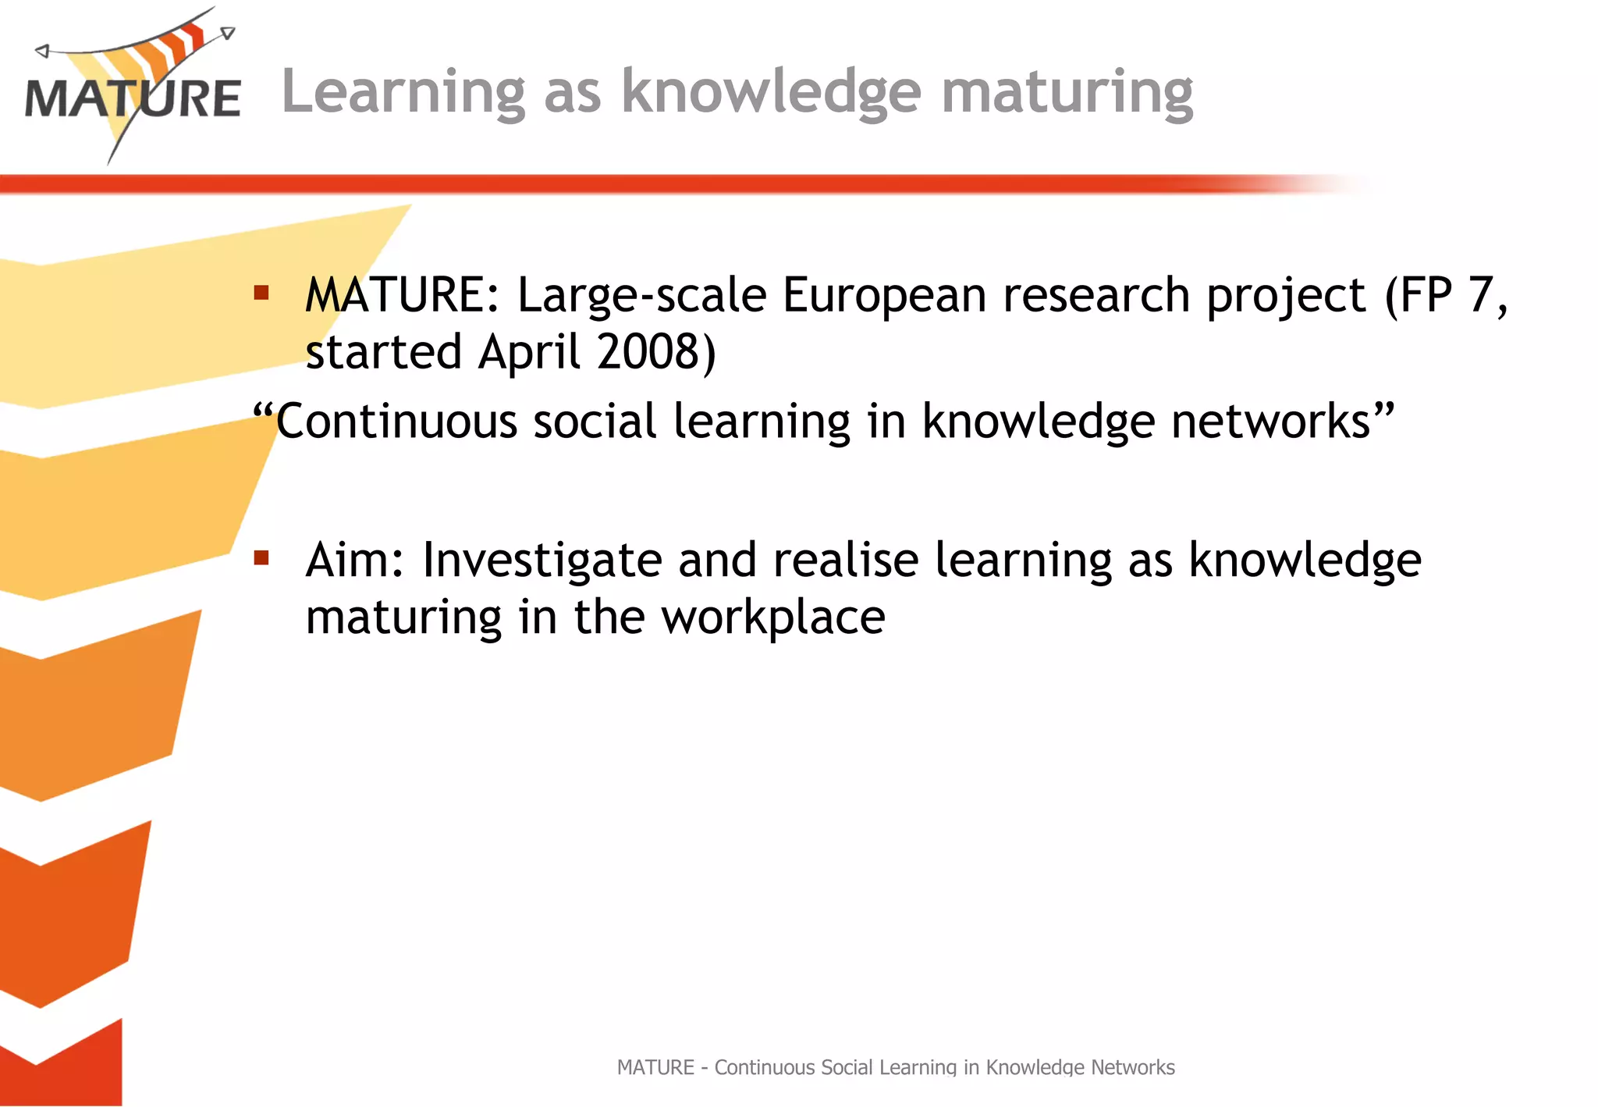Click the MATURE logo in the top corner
click(x=133, y=86)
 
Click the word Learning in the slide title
click(x=403, y=92)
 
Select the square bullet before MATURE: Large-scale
click(x=261, y=293)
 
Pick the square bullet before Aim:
click(x=261, y=557)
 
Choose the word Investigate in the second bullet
click(x=542, y=561)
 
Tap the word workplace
click(x=773, y=618)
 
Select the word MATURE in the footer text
click(x=655, y=1067)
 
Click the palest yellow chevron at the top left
click(x=156, y=312)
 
